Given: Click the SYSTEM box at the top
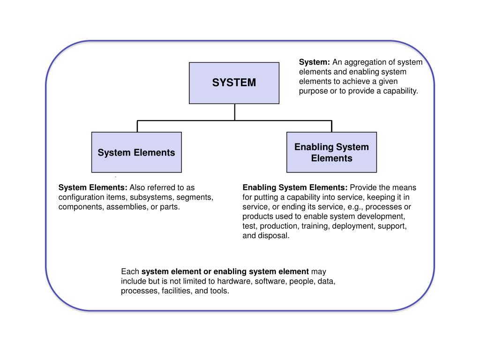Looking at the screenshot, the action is [234, 83].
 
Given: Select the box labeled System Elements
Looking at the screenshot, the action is [136, 152].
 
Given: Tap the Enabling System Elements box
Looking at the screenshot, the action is [331, 152].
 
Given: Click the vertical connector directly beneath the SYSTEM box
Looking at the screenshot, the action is [235, 112].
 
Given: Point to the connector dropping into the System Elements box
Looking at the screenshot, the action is [137, 126].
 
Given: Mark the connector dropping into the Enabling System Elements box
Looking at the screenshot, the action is [331, 126].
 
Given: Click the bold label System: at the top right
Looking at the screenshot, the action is [315, 62].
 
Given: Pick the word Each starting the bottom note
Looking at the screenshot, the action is [130, 272].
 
